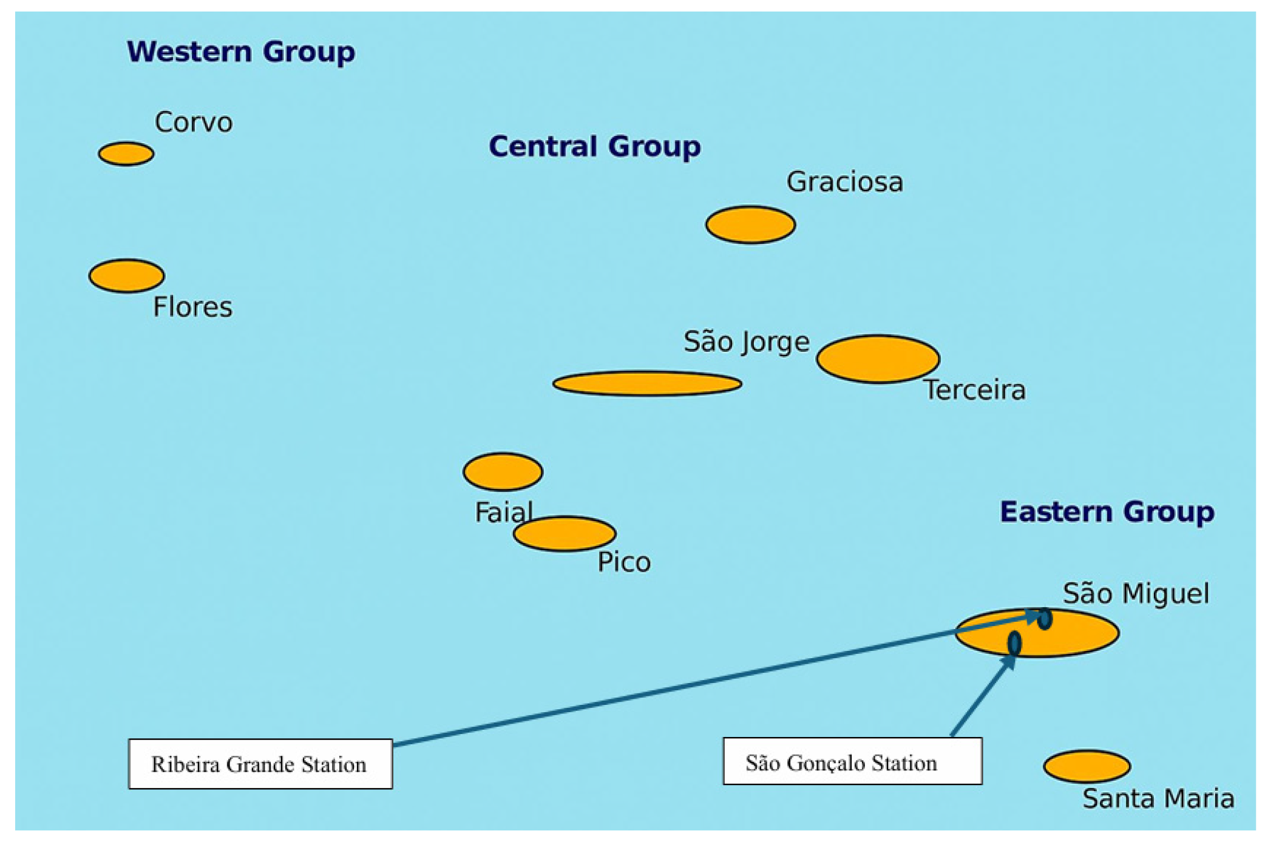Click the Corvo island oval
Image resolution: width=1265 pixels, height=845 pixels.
pos(126,153)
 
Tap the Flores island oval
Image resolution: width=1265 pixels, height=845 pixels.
pos(126,276)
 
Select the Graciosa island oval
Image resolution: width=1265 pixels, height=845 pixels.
pos(750,224)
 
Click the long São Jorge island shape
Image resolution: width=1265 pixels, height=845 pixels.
pos(647,383)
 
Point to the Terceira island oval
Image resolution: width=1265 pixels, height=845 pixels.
pos(878,359)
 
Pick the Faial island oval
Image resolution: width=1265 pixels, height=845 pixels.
pos(503,471)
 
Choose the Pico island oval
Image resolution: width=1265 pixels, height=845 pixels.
pos(565,534)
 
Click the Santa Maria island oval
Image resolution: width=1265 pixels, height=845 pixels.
pos(1087,766)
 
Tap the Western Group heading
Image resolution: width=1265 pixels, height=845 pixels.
pos(241,52)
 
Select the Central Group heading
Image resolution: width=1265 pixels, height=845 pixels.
pos(595,146)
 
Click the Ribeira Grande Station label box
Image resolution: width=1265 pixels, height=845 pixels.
pos(260,764)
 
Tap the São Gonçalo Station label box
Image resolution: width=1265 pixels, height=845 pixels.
pos(852,761)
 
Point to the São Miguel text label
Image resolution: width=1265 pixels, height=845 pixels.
pos(1136,593)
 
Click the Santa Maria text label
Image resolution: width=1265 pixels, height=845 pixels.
pos(1158,798)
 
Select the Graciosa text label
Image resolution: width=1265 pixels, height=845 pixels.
pos(845,182)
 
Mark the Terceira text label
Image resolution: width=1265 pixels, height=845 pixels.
pos(975,389)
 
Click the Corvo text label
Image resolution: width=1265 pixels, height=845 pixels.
pos(194,123)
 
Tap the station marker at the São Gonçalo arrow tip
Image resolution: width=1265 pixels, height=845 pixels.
pos(1014,643)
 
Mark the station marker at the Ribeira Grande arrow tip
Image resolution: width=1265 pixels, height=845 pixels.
pos(1045,619)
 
